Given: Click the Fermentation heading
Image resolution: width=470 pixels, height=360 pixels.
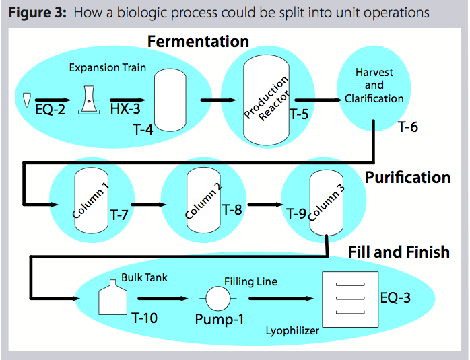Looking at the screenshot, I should (198, 41).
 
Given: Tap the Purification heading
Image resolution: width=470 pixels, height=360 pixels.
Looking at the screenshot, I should (407, 178).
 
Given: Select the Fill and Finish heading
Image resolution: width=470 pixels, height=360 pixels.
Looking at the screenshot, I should (399, 252).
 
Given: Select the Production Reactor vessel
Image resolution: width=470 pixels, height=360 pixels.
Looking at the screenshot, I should (265, 102).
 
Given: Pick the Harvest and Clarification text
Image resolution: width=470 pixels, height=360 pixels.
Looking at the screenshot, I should (374, 85).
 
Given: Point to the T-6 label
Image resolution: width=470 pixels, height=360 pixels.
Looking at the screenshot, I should (408, 126).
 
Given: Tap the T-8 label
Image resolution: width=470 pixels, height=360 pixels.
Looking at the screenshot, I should (232, 209).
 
